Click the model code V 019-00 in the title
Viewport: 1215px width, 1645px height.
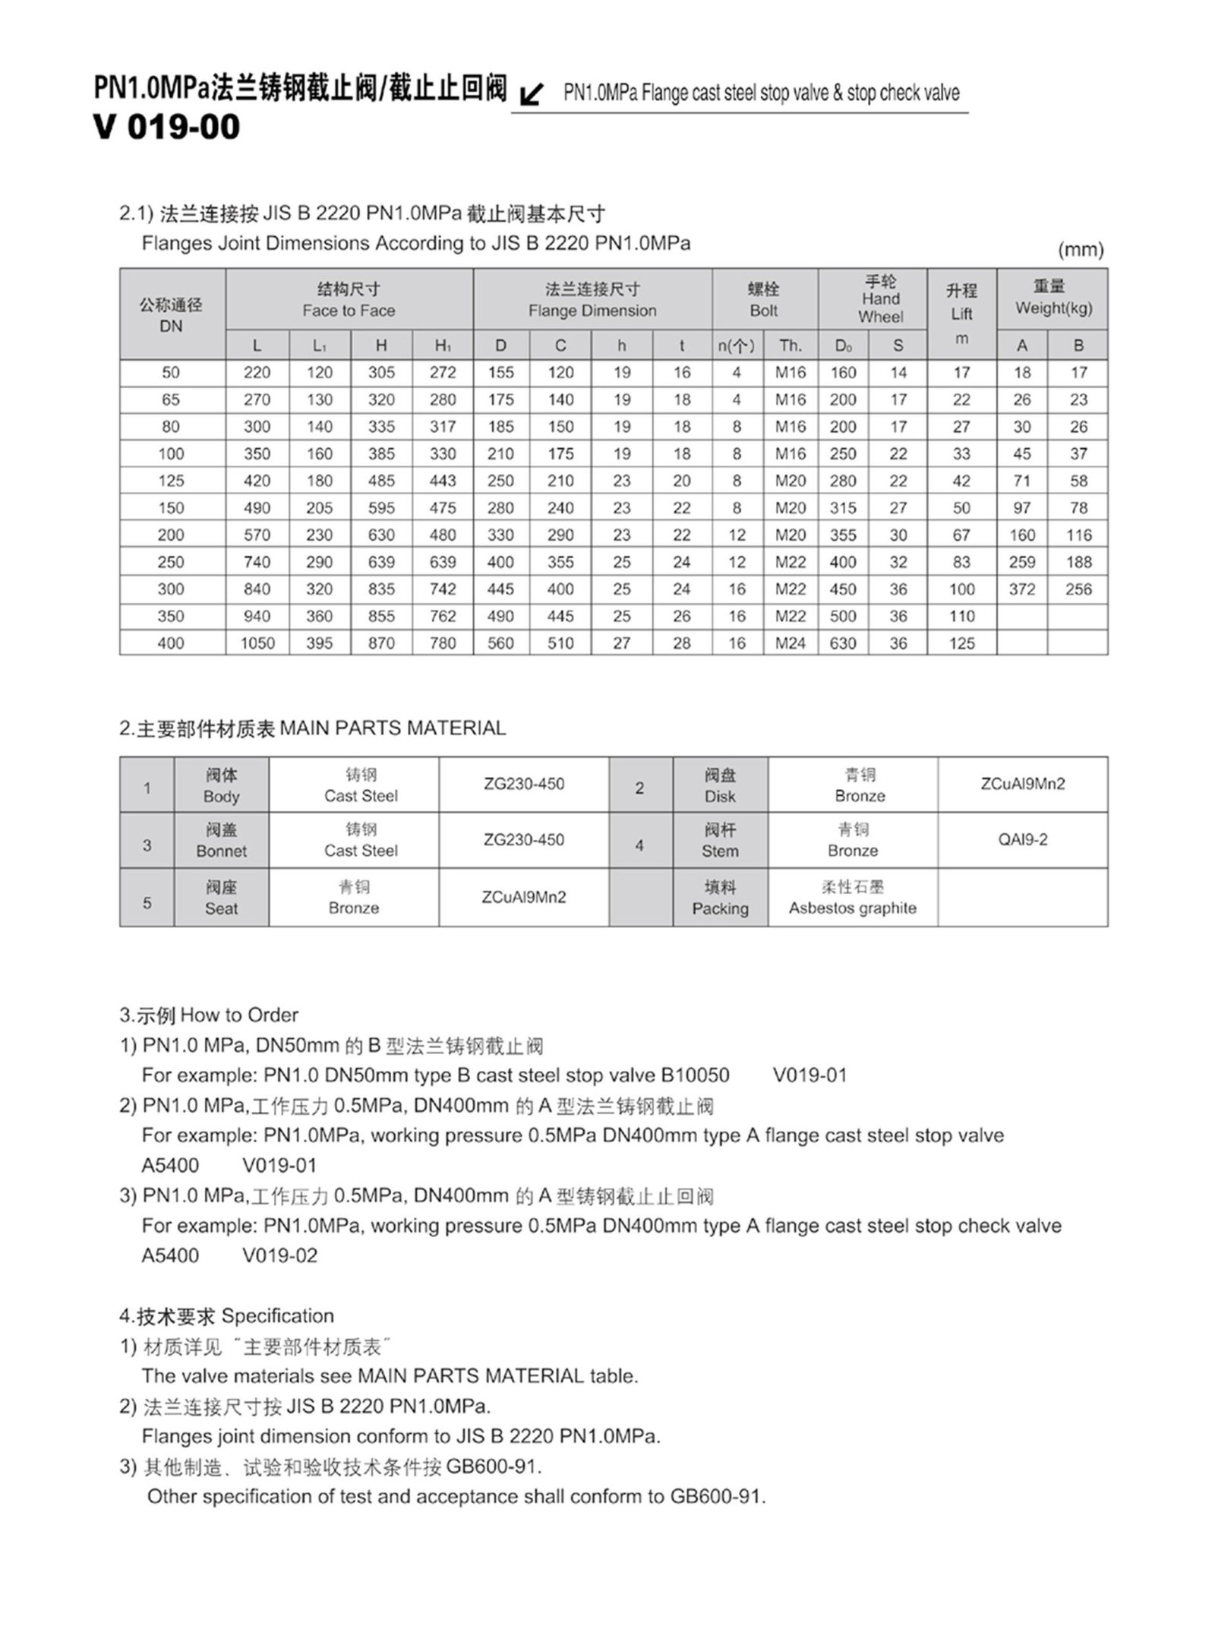pos(167,127)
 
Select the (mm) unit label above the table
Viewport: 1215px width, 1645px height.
pos(1080,250)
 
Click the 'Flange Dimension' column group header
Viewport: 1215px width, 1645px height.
pos(592,300)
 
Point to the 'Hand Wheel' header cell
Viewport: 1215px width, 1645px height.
pos(880,299)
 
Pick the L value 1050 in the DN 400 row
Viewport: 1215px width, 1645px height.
pos(257,643)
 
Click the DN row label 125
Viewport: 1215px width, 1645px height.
pos(171,481)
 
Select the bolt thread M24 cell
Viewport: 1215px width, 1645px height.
pos(790,643)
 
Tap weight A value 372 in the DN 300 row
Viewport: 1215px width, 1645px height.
pos(1021,589)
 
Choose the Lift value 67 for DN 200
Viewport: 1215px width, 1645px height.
pos(961,535)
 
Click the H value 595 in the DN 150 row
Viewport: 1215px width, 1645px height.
pos(381,508)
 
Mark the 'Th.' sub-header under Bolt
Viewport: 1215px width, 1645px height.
pos(790,346)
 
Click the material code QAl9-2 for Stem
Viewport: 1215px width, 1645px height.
pos(1022,840)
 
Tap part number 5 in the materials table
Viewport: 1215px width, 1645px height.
pos(147,903)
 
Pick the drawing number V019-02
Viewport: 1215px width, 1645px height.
pos(279,1255)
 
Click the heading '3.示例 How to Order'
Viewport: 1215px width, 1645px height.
pos(209,1015)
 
